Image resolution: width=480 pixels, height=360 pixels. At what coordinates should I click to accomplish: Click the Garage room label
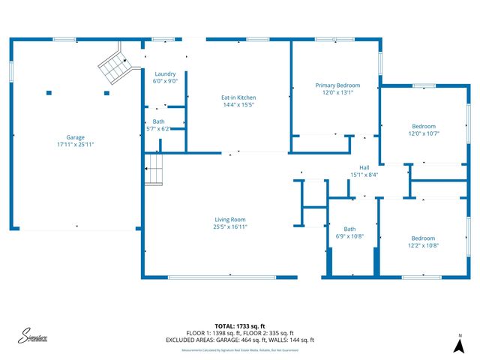point(75,137)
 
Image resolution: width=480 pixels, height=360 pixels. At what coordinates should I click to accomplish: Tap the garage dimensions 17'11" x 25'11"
point(75,144)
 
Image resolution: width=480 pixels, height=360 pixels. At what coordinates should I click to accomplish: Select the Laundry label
point(165,73)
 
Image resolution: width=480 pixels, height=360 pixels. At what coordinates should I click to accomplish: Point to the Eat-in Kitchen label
point(238,97)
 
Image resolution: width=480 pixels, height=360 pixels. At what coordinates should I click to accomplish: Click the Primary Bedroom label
point(337,85)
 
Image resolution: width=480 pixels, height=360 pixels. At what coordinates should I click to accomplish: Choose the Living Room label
point(230,219)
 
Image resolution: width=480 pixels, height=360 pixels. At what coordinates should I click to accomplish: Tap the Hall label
point(364,168)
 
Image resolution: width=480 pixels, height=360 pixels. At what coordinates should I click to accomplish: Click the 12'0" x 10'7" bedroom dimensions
point(424,133)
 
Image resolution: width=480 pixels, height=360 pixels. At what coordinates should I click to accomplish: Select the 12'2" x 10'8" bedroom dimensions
point(423,245)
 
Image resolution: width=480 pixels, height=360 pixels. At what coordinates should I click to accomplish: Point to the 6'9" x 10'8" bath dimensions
point(349,236)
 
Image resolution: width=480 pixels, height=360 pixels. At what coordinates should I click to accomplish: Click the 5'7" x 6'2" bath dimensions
point(158,128)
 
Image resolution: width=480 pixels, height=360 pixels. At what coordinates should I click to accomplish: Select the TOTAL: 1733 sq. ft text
point(240,326)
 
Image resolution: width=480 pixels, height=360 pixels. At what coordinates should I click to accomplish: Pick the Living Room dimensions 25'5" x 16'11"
point(230,226)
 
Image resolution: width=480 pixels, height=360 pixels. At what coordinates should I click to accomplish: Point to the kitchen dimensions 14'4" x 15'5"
point(238,105)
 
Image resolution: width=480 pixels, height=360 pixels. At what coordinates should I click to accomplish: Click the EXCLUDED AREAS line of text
point(240,340)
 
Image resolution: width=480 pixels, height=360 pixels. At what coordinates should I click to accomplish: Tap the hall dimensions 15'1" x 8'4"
point(364,175)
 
